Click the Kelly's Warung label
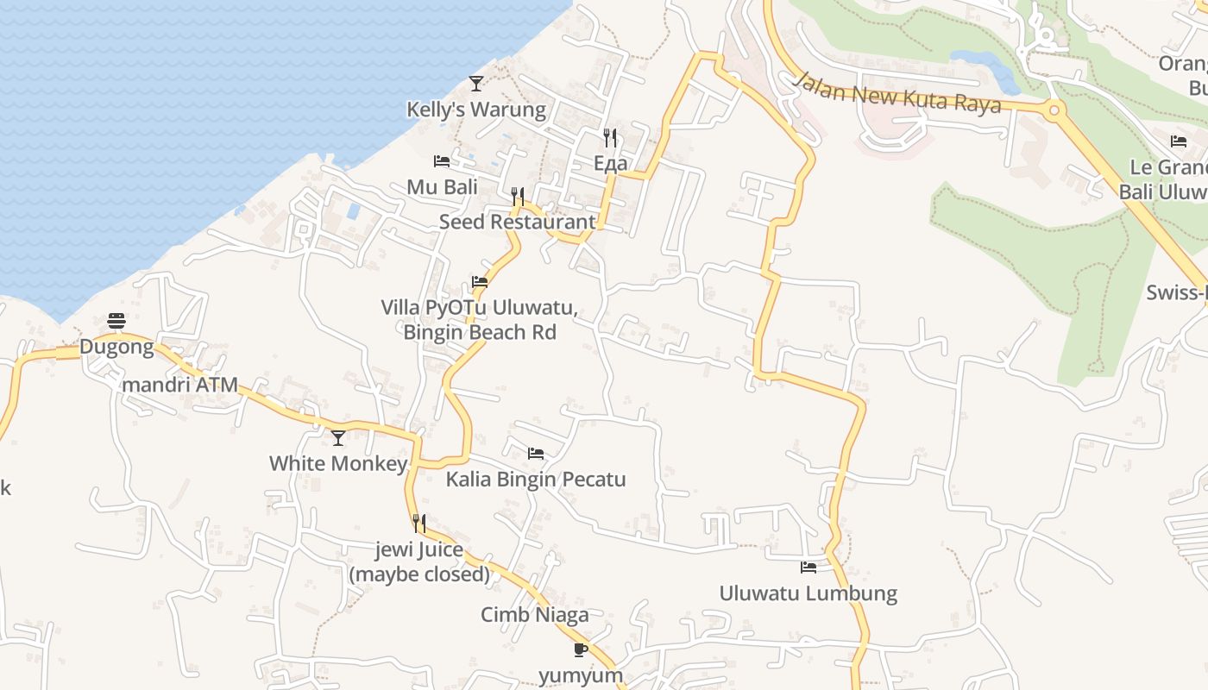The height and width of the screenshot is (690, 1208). click(x=476, y=110)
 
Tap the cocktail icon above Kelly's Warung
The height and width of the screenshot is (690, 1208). click(x=475, y=83)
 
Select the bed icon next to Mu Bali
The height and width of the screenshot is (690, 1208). click(x=442, y=161)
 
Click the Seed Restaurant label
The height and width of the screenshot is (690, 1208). click(x=517, y=222)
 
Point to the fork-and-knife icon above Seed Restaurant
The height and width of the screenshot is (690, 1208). click(x=518, y=196)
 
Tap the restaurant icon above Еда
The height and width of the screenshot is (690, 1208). click(x=610, y=137)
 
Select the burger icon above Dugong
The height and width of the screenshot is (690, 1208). click(x=116, y=321)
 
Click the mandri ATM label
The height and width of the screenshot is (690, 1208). click(x=179, y=385)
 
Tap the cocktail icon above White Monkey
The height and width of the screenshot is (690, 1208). click(x=338, y=437)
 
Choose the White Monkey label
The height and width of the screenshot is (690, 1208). click(x=338, y=463)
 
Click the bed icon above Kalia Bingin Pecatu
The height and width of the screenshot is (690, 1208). click(x=536, y=454)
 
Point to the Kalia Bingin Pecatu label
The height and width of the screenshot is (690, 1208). click(x=536, y=480)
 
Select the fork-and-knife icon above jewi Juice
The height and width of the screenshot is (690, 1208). click(x=419, y=524)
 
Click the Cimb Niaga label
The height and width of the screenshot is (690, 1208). click(x=535, y=615)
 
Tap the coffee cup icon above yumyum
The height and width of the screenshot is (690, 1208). click(x=581, y=649)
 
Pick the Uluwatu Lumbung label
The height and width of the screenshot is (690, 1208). click(x=808, y=593)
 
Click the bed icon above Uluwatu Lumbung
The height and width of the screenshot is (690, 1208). click(x=808, y=568)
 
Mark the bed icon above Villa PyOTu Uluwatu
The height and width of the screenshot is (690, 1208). click(x=480, y=282)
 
